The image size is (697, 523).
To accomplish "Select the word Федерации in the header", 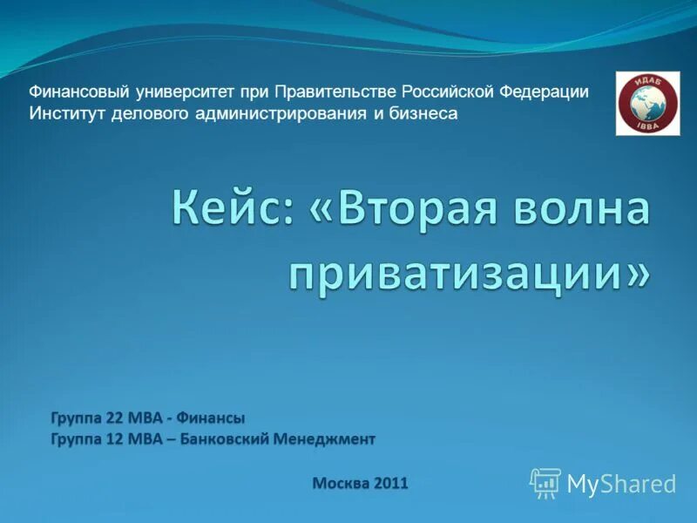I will [x=546, y=92].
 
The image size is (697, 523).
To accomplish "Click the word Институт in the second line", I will [x=68, y=113].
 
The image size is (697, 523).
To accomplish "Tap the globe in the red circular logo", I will [x=646, y=102].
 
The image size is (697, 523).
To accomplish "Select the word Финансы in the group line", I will [x=214, y=418].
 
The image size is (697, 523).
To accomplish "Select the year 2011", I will [x=391, y=482].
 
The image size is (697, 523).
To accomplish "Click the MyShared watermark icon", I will [x=545, y=482].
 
